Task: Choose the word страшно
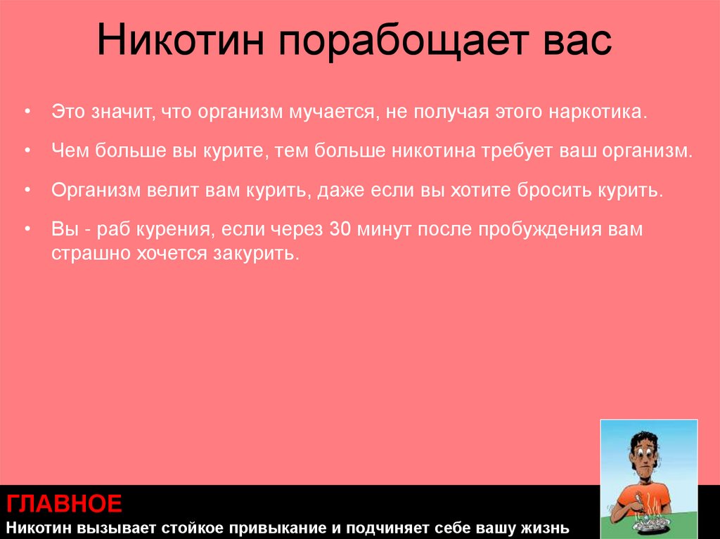click(90, 254)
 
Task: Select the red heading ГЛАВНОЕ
click(65, 504)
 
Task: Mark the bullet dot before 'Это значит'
click(27, 113)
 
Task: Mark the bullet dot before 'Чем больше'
click(27, 152)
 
